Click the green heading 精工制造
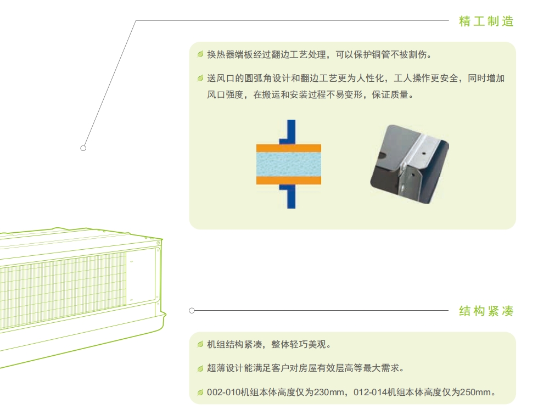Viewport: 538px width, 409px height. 486,21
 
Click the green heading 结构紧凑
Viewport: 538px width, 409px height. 486,311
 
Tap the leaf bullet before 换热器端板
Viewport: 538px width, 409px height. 200,54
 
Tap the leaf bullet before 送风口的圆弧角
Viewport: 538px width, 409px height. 200,78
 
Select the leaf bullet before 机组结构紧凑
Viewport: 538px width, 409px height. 200,344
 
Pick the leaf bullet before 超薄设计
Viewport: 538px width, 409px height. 200,368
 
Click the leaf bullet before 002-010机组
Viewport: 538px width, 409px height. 200,392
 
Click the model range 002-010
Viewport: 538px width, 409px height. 223,392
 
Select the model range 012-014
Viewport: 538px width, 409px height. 370,392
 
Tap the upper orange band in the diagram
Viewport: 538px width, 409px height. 289,148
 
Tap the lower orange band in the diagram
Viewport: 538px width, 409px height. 289,181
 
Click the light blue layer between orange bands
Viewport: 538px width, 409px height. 289,164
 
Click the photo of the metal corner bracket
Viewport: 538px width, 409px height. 410,164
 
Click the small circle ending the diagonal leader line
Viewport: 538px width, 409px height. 83,148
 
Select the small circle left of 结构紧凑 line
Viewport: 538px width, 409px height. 192,311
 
